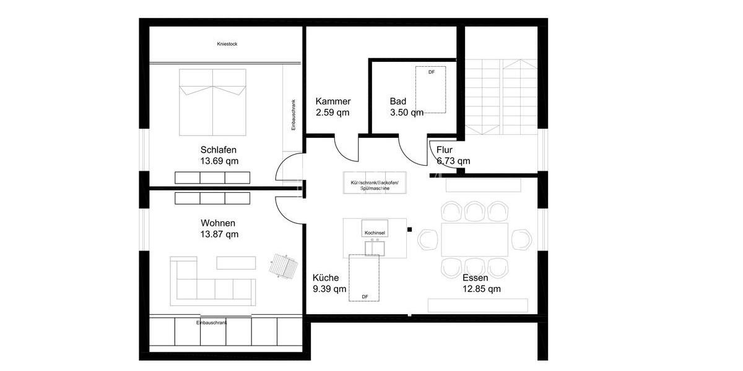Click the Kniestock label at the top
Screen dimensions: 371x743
pos(227,44)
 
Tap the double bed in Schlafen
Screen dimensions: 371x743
pos(212,102)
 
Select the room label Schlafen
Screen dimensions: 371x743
pos(218,150)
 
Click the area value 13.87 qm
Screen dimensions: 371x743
pos(219,234)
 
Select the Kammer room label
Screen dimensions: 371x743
pos(332,101)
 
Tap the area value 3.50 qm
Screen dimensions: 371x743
pos(406,113)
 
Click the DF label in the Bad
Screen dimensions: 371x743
pos(432,72)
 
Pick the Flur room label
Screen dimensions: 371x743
pos(445,150)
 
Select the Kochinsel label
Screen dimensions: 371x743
pos(375,232)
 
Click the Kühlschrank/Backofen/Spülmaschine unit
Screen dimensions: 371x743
pos(375,182)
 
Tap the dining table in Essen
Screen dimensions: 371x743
pos(474,240)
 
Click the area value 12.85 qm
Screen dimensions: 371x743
pos(481,289)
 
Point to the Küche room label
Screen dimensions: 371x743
pos(326,278)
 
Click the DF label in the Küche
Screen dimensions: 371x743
pos(365,297)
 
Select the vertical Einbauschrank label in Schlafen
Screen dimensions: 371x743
pos(293,114)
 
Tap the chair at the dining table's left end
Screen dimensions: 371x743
pos(428,239)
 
